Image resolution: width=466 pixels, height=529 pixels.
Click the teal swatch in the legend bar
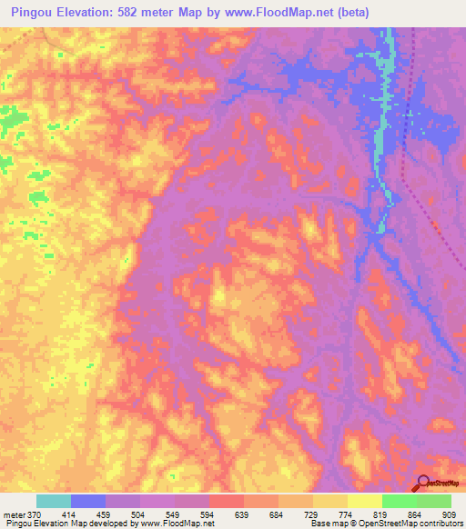click(54, 502)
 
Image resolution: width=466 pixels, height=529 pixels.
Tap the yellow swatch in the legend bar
click(330, 502)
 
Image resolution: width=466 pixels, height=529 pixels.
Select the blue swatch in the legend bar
click(88, 502)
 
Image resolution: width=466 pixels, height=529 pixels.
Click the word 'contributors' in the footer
click(438, 524)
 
